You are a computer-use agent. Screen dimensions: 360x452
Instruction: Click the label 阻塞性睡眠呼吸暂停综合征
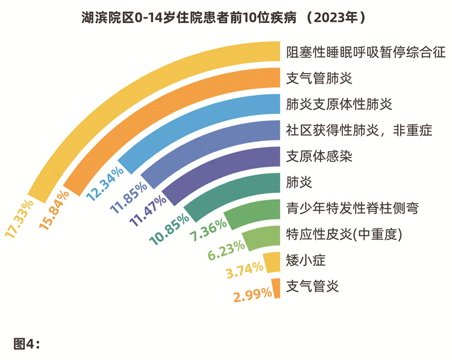pos(366,52)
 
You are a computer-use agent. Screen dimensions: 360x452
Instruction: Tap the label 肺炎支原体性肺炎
pos(339,104)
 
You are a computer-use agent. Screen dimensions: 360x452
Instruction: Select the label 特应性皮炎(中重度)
pos(344,233)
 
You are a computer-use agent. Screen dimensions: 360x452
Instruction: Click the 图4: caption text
pos(27,344)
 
